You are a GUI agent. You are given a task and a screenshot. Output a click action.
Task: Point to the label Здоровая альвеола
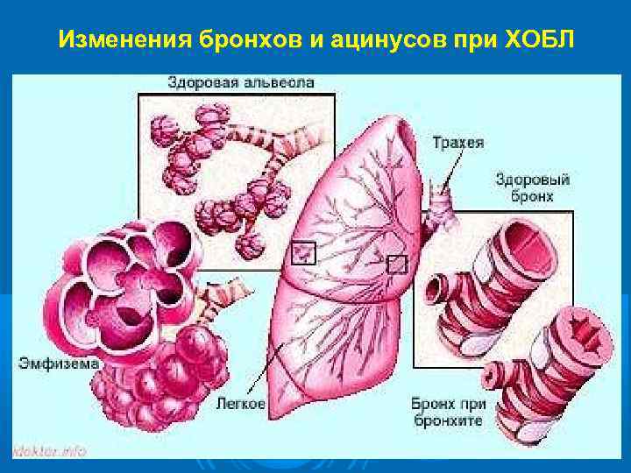click(x=241, y=82)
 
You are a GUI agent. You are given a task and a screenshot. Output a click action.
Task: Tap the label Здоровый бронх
click(x=532, y=187)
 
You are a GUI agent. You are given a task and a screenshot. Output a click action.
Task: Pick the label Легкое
click(x=238, y=405)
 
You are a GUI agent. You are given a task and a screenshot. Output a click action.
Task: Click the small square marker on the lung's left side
click(x=303, y=252)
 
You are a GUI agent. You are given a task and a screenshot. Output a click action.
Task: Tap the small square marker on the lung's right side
click(x=397, y=263)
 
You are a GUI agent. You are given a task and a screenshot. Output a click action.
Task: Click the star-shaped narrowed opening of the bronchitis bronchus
click(x=586, y=330)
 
